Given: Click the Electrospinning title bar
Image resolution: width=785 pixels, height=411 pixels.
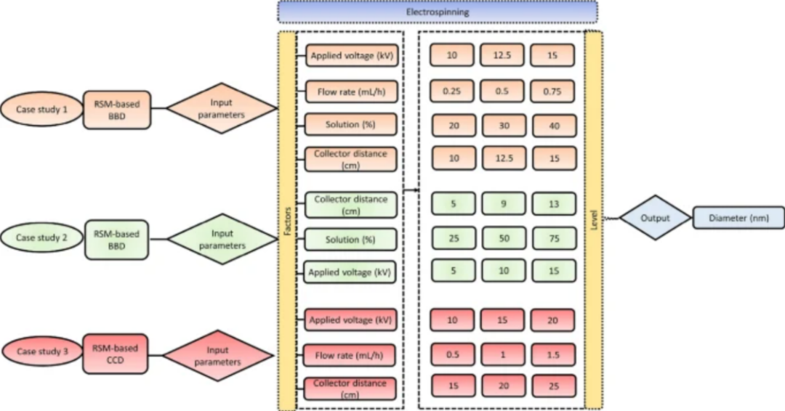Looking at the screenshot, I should point(437,12).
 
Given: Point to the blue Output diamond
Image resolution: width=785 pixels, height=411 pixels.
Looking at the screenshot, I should point(654,217).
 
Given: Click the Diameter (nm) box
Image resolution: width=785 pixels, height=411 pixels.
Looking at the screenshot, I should point(738,217).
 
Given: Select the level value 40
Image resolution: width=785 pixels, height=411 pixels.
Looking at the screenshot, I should point(553,125).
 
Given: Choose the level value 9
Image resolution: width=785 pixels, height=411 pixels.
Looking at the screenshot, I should point(503,204).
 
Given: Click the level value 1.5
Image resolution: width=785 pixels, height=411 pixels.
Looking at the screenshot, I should point(553,354).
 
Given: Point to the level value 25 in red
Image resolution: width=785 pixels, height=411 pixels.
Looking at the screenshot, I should point(553,386).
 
